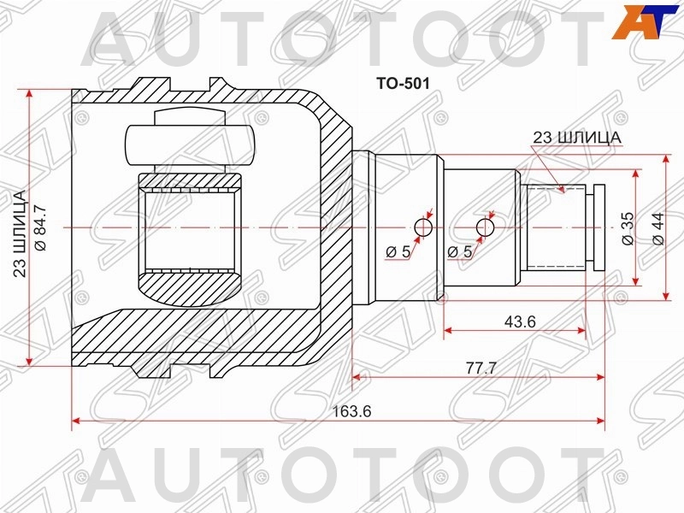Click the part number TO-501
[x=399, y=84]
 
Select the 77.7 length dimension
[x=481, y=368]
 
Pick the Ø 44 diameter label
[x=657, y=228]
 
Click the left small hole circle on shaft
[x=423, y=227]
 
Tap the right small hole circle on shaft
[x=485, y=227]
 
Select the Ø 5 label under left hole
[x=398, y=252]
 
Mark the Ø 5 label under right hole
[x=461, y=252]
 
